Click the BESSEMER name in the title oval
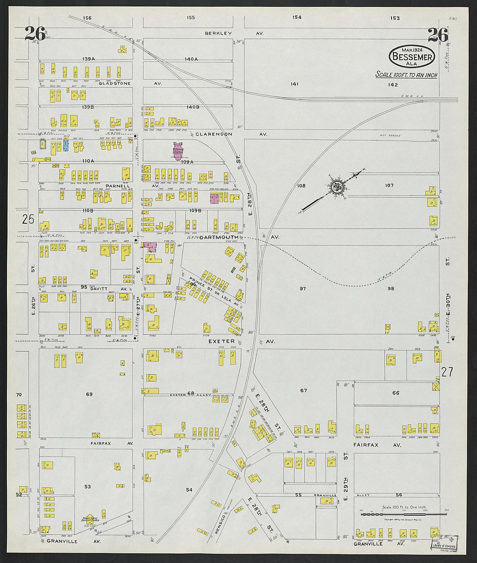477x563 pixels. point(412,57)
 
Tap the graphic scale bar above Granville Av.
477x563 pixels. point(404,514)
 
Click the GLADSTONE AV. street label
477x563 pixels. point(130,83)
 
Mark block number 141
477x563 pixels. point(295,84)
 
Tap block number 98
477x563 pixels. point(391,288)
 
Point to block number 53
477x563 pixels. point(88,487)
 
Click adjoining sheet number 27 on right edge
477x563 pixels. point(447,371)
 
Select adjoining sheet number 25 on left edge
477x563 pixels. point(28,219)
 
